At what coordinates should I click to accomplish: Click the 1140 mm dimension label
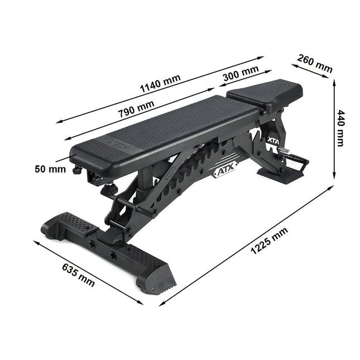click(x=160, y=83)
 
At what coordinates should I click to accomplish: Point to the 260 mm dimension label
click(x=315, y=64)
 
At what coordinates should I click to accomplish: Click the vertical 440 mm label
click(x=340, y=128)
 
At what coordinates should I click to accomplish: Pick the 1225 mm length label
click(x=269, y=241)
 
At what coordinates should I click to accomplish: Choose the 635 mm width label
click(x=78, y=275)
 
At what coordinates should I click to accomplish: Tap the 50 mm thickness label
click(x=50, y=169)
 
